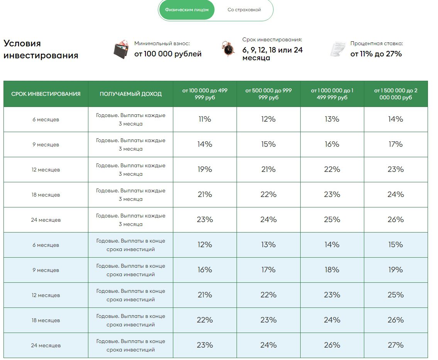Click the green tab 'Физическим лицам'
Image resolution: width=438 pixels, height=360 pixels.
point(186,10)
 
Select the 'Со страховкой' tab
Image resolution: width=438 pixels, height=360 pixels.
point(244,10)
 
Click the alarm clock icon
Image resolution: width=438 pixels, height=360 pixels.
point(228,49)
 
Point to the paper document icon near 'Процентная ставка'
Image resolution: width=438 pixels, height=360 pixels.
point(337,49)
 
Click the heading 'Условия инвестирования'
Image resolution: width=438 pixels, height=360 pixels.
point(41,49)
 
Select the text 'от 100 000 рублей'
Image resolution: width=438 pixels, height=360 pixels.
point(168,54)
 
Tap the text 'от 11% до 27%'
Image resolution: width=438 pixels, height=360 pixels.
point(376,54)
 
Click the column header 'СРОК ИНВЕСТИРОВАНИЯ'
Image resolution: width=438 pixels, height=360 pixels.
point(46,94)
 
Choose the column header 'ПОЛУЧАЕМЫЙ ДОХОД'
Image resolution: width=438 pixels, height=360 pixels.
point(130,94)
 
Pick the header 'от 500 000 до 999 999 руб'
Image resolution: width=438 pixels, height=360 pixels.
point(268,94)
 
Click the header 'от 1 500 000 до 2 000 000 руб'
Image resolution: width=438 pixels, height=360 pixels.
point(396,94)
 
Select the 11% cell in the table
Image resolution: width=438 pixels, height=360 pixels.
point(205,119)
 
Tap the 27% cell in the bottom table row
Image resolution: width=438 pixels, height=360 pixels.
point(396,345)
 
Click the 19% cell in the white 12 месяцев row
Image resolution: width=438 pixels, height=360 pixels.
point(205,170)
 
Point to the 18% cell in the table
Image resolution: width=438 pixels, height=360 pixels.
point(332,270)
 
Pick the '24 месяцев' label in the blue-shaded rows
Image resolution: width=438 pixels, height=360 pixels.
point(46,346)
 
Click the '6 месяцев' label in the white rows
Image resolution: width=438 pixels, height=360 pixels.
point(46,120)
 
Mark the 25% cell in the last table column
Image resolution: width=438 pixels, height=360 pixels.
point(396,295)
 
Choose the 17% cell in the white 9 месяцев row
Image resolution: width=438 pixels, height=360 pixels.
point(396,144)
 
